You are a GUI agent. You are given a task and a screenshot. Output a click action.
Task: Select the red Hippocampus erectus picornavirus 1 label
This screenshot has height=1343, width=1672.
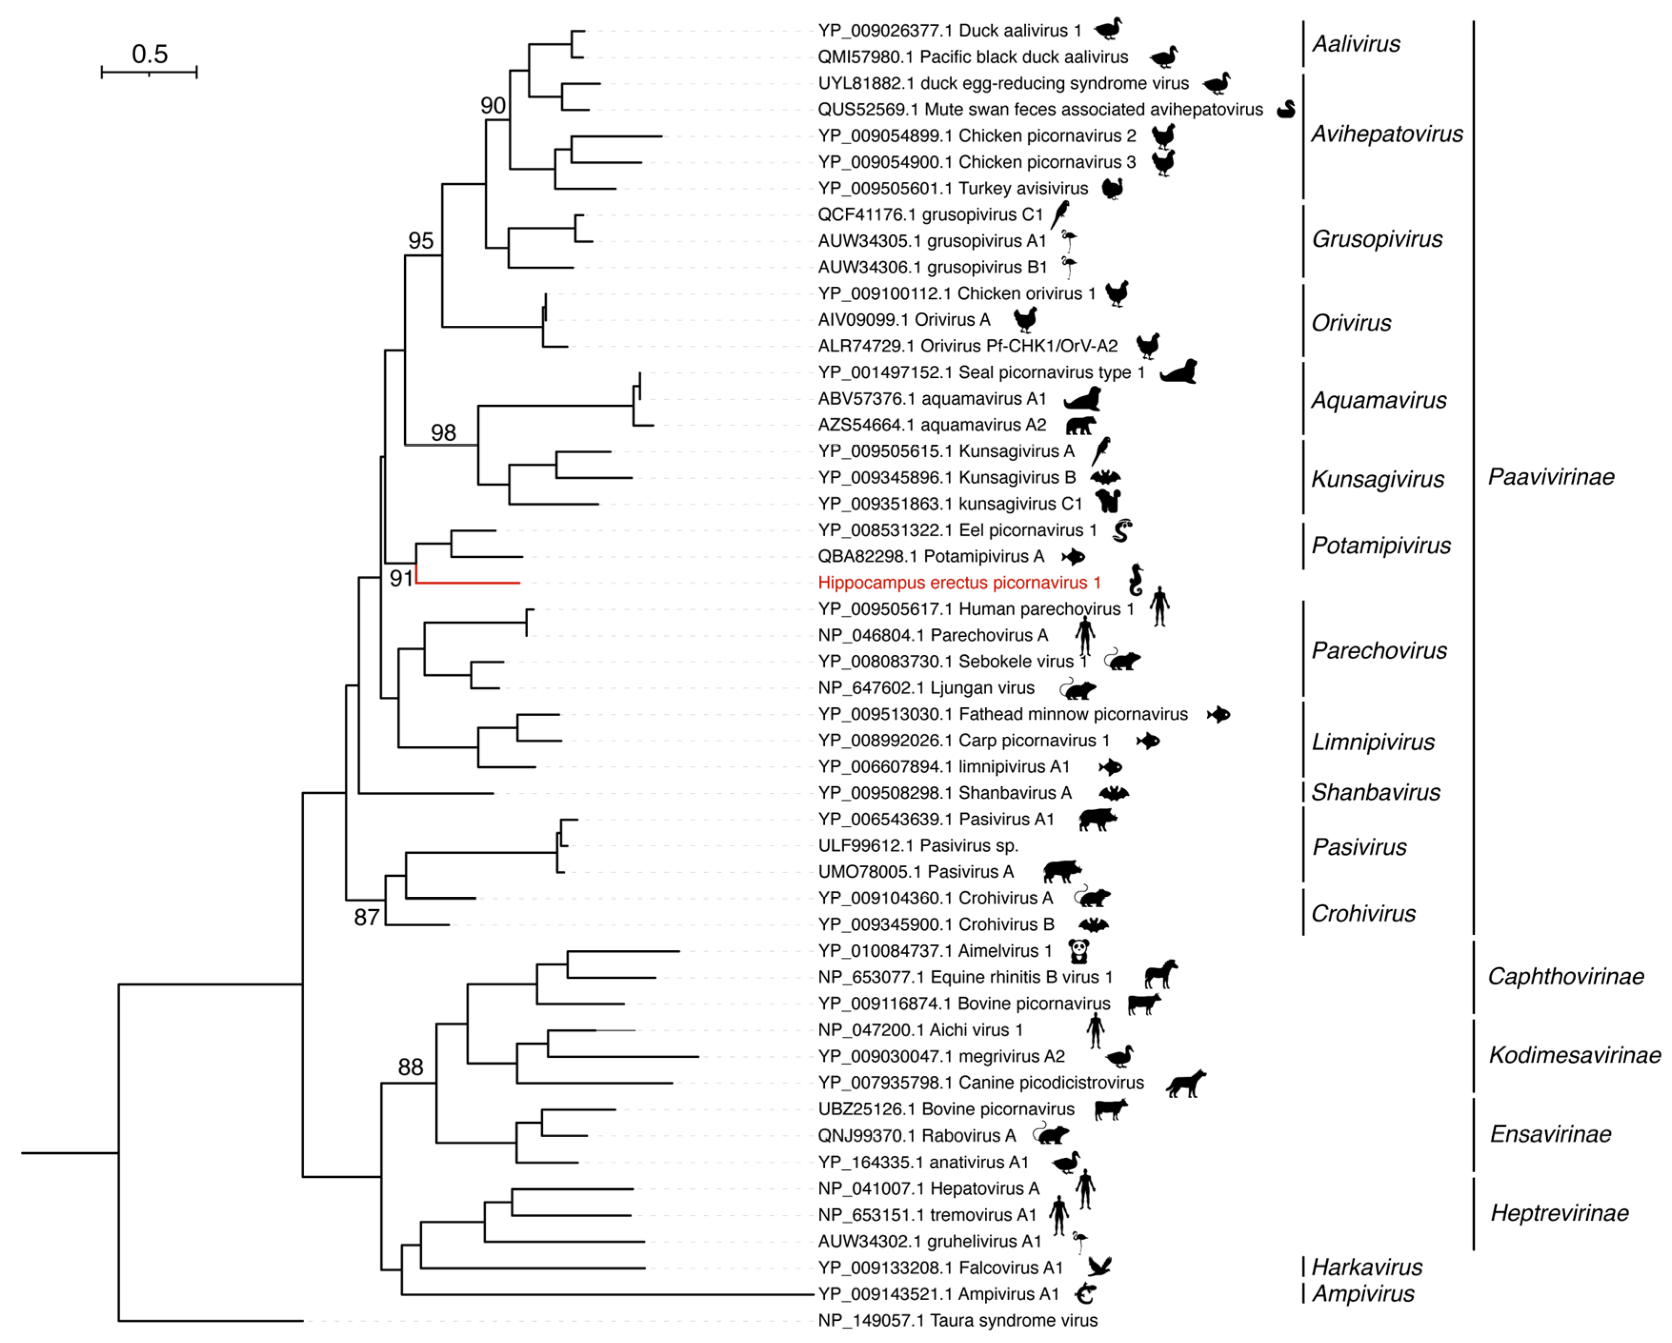pyautogui.click(x=959, y=582)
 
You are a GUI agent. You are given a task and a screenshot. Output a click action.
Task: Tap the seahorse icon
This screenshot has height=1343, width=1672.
pyautogui.click(x=1136, y=579)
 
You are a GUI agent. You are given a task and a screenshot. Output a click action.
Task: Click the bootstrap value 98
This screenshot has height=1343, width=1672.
pyautogui.click(x=443, y=433)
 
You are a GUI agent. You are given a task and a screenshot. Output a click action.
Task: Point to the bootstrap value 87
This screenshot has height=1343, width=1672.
pyautogui.click(x=366, y=917)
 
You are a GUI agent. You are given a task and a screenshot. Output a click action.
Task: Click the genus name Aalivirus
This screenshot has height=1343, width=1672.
pyautogui.click(x=1356, y=44)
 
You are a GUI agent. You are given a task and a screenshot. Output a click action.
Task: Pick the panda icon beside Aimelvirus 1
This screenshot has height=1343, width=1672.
pyautogui.click(x=1079, y=951)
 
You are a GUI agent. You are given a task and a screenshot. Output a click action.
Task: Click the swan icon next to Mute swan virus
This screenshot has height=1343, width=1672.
pyautogui.click(x=1286, y=110)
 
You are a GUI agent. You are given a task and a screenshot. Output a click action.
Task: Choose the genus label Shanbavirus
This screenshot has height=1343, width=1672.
pyautogui.click(x=1375, y=792)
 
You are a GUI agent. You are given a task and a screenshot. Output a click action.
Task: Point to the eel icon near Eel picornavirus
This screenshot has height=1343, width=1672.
pyautogui.click(x=1122, y=531)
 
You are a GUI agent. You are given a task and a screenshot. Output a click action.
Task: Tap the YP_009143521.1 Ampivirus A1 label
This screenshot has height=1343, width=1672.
pyautogui.click(x=938, y=1294)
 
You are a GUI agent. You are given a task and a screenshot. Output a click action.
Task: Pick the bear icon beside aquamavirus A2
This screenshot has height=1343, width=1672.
pyautogui.click(x=1080, y=425)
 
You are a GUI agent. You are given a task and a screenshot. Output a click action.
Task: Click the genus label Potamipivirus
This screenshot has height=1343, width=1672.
pyautogui.click(x=1381, y=546)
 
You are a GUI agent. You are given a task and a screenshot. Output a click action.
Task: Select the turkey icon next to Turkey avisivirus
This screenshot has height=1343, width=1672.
pyautogui.click(x=1113, y=189)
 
